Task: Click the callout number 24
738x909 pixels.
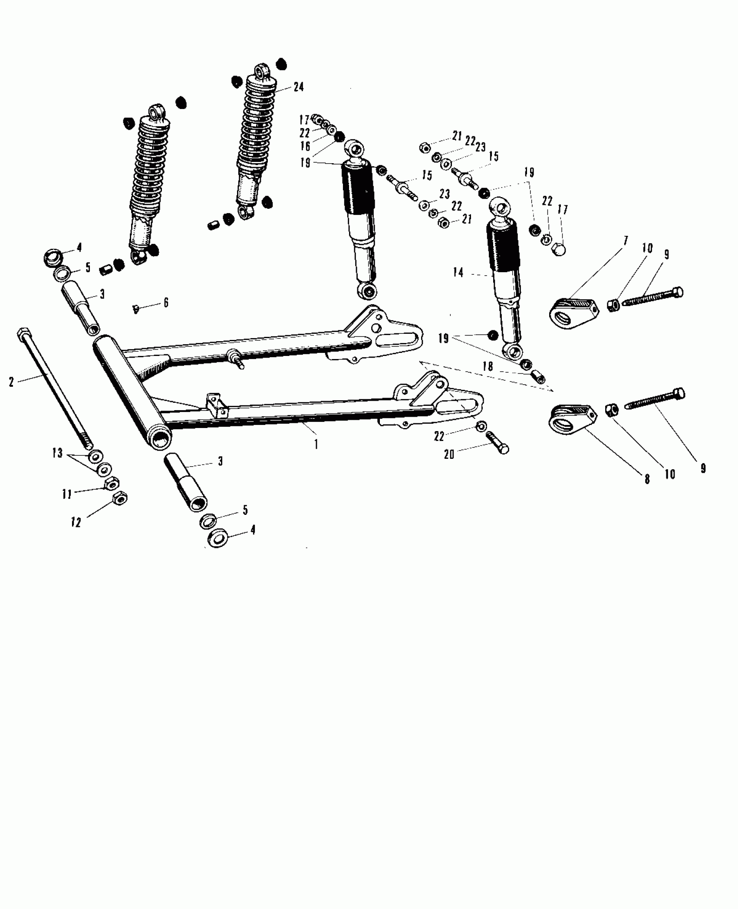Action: pyautogui.click(x=298, y=87)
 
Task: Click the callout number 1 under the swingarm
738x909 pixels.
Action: pyautogui.click(x=316, y=444)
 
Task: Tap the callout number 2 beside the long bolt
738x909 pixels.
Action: pyautogui.click(x=12, y=382)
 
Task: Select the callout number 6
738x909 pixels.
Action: pyautogui.click(x=166, y=303)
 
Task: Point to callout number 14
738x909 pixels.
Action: pyautogui.click(x=458, y=273)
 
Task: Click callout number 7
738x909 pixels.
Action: pyautogui.click(x=626, y=241)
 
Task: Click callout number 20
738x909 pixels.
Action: pyautogui.click(x=449, y=454)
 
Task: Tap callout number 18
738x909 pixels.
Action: pyautogui.click(x=488, y=366)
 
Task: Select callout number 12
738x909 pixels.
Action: pyautogui.click(x=76, y=523)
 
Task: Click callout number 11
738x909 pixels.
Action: pyautogui.click(x=66, y=494)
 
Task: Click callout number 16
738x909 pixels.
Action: pyautogui.click(x=305, y=146)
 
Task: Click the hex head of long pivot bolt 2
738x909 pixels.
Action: pyautogui.click(x=23, y=335)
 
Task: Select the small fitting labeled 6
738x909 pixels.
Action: pyautogui.click(x=135, y=309)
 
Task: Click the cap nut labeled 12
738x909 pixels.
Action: pyautogui.click(x=119, y=497)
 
